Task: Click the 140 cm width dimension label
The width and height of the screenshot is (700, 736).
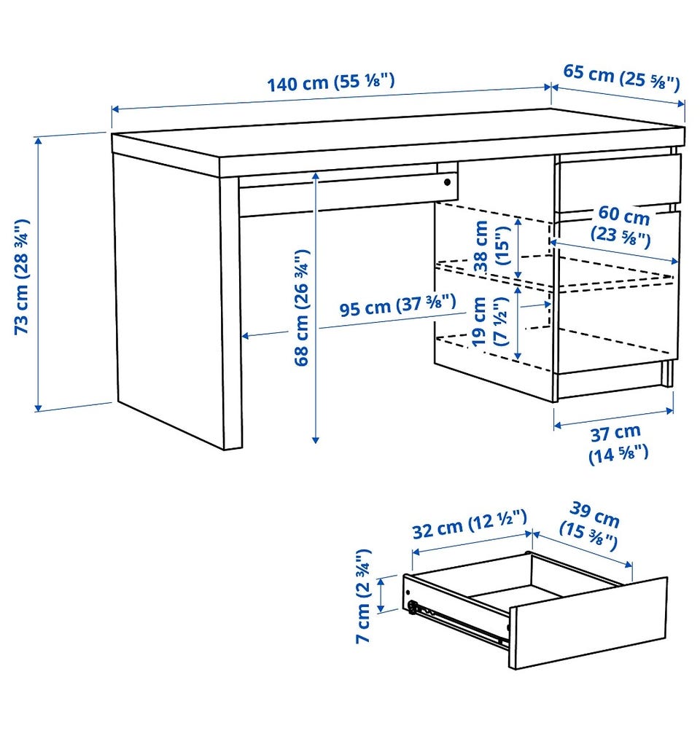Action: [x=331, y=82]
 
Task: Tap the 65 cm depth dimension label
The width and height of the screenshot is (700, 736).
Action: [x=621, y=77]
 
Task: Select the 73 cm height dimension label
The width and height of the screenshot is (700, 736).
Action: [x=22, y=276]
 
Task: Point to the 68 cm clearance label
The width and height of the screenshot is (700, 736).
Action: [x=302, y=308]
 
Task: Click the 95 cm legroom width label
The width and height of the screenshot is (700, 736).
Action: [x=397, y=305]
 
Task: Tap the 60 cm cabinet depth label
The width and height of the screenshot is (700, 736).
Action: [x=621, y=226]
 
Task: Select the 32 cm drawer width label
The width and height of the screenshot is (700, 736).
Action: [x=470, y=524]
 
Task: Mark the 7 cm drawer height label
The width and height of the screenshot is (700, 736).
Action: [x=364, y=595]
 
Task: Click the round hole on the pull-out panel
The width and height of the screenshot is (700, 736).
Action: [x=447, y=181]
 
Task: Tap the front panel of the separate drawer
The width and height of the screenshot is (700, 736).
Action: [x=588, y=623]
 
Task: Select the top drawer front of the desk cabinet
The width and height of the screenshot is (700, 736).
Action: [x=618, y=181]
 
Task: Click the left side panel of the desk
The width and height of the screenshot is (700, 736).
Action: [x=169, y=300]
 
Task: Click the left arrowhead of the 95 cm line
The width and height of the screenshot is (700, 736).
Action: [x=246, y=336]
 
